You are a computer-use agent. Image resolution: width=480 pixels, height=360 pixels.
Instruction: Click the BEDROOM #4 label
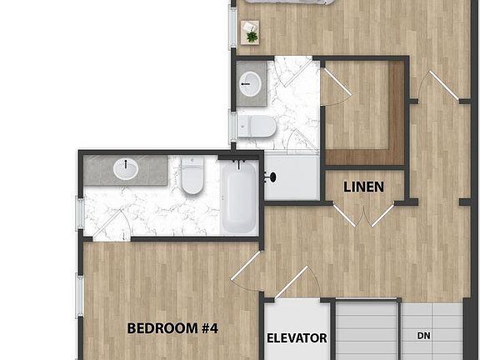[x=172, y=328]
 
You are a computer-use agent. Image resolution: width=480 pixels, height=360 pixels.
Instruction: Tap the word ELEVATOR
[x=297, y=338]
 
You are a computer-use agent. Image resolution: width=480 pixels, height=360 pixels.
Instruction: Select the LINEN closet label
[x=363, y=187]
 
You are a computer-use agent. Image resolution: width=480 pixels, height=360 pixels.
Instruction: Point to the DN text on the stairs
[x=423, y=336]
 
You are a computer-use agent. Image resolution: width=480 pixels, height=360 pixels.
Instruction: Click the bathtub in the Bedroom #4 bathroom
[x=239, y=197]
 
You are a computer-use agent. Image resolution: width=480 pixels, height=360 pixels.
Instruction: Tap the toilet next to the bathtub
[x=192, y=175]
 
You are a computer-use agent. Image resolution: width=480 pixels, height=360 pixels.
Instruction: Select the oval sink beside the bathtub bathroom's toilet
[x=126, y=168]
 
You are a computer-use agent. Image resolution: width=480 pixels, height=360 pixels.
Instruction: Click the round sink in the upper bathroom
[x=250, y=84]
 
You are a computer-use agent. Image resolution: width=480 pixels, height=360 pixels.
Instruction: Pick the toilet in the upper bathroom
[x=257, y=126]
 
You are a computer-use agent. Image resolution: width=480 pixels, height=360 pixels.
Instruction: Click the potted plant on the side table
[x=252, y=37]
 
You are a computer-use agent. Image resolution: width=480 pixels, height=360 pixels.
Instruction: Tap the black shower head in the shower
[x=271, y=177]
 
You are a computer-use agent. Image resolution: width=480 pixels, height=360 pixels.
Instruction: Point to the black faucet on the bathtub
[x=239, y=164]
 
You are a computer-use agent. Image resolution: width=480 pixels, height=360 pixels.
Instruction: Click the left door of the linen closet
[x=344, y=216]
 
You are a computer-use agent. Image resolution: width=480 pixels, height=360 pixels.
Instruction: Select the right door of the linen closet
[x=382, y=216]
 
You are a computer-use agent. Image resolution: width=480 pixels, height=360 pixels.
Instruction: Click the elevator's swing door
[x=292, y=282]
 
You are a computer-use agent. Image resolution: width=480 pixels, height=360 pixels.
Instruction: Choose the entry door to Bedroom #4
[x=246, y=266]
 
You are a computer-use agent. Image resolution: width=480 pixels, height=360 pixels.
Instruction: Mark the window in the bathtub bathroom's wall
[x=80, y=213]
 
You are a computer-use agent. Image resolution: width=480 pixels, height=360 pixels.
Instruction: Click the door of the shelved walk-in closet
[x=337, y=81]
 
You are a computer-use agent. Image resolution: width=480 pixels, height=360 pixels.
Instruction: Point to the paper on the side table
[x=249, y=27]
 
